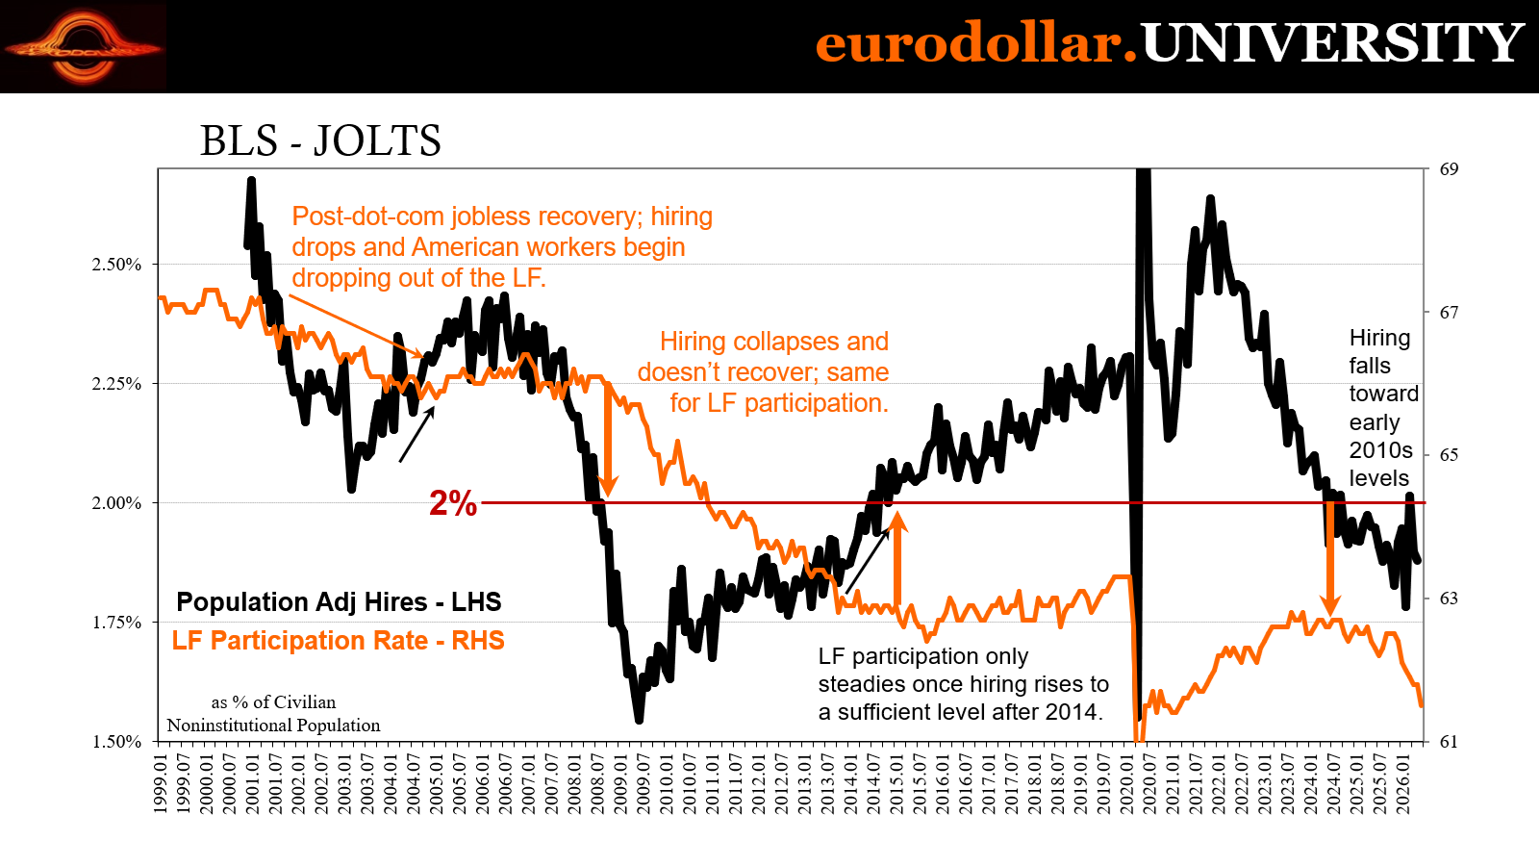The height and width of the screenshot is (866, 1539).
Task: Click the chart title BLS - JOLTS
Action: tap(320, 140)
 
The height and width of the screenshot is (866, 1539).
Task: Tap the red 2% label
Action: tap(453, 503)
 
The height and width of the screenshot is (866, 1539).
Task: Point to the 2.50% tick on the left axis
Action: tap(116, 265)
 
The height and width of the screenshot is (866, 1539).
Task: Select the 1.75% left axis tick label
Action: tap(116, 623)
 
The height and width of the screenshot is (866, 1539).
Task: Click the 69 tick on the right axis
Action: tap(1449, 169)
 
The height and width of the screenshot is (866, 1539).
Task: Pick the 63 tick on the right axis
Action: tap(1449, 599)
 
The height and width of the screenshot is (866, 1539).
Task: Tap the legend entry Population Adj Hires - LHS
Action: tap(339, 602)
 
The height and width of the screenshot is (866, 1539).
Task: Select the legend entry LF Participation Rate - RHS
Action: tap(338, 641)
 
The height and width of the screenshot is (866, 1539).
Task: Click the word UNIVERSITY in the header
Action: tap(1332, 43)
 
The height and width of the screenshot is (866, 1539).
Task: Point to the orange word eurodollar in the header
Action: tap(975, 43)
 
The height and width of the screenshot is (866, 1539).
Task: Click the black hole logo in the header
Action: tap(83, 47)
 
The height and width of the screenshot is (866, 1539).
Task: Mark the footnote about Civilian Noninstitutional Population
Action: tap(273, 714)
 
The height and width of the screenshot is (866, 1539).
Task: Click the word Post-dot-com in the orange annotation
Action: tap(367, 216)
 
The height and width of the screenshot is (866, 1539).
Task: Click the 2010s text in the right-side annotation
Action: tap(1381, 450)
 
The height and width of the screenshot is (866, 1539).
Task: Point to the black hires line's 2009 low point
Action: tap(639, 721)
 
